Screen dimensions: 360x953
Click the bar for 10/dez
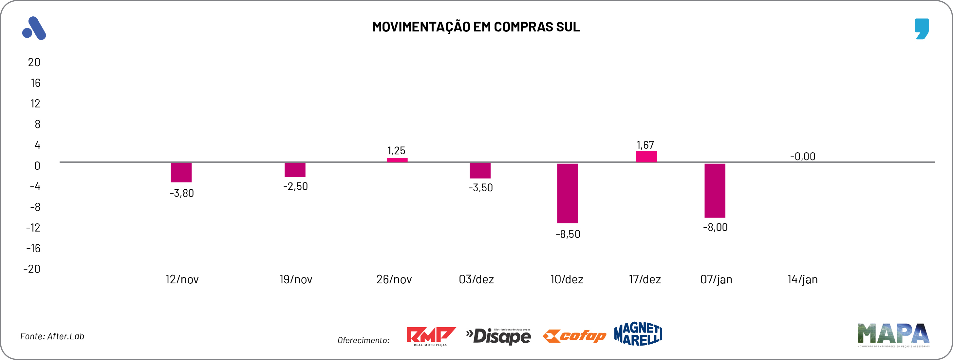tap(567, 193)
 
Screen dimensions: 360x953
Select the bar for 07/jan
tap(715, 191)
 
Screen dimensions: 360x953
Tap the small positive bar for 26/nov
tap(397, 160)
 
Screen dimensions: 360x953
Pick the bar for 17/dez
tap(646, 157)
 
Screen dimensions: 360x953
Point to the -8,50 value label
tap(568, 234)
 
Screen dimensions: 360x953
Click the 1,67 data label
tap(645, 145)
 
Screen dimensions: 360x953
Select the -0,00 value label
tap(802, 157)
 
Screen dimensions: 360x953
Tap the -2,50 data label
tap(295, 186)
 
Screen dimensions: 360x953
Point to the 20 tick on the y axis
tap(34, 62)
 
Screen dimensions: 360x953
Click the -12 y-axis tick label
tap(33, 228)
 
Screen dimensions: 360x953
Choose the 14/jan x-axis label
tap(802, 279)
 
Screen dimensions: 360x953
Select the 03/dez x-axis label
tap(476, 279)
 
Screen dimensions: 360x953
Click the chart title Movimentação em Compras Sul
tap(476, 27)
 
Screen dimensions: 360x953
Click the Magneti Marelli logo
tap(638, 334)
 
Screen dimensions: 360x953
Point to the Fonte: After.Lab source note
tap(52, 336)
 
